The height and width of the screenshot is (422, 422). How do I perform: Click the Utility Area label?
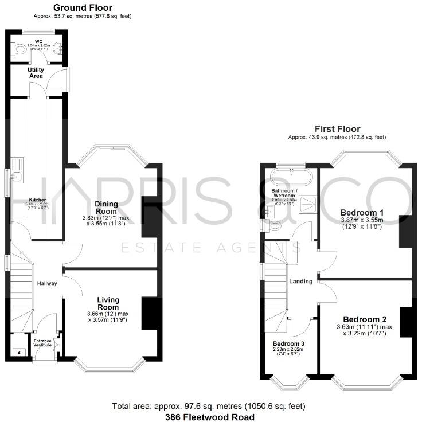tap(37, 73)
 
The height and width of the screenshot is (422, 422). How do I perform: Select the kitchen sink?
tap(17, 176)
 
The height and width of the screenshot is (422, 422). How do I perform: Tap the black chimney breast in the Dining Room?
tap(150, 218)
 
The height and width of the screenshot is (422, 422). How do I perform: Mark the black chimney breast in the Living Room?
tap(150, 313)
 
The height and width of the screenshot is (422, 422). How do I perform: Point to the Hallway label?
tap(47, 283)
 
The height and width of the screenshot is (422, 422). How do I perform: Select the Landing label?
tap(301, 281)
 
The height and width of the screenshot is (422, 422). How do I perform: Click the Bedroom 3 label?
tap(288, 344)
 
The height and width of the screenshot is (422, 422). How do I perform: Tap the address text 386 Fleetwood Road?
tap(210, 417)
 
